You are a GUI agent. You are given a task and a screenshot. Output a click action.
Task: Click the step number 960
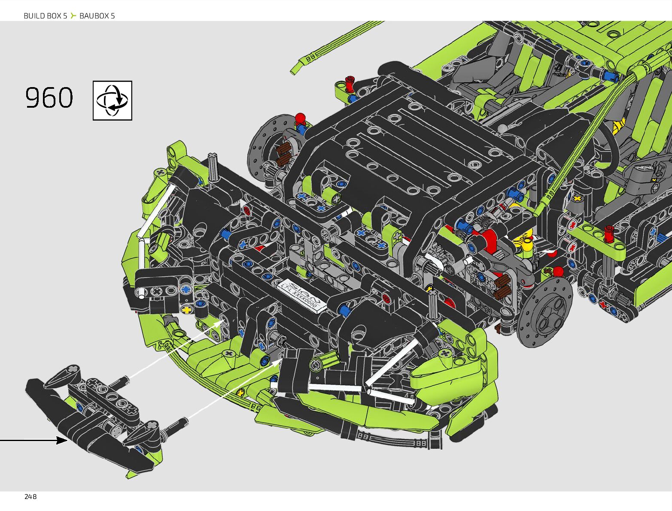click(x=49, y=97)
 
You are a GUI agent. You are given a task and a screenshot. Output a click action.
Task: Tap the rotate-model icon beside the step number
click(x=113, y=100)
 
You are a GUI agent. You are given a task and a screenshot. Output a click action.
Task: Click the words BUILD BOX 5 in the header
click(x=46, y=16)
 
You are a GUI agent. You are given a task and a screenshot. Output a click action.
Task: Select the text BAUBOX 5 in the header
click(x=97, y=16)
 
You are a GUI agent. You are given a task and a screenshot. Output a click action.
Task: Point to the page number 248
click(x=30, y=497)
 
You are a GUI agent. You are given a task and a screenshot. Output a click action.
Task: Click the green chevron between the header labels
click(x=73, y=15)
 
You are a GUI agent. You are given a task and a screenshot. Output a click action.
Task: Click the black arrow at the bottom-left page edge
click(x=33, y=440)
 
